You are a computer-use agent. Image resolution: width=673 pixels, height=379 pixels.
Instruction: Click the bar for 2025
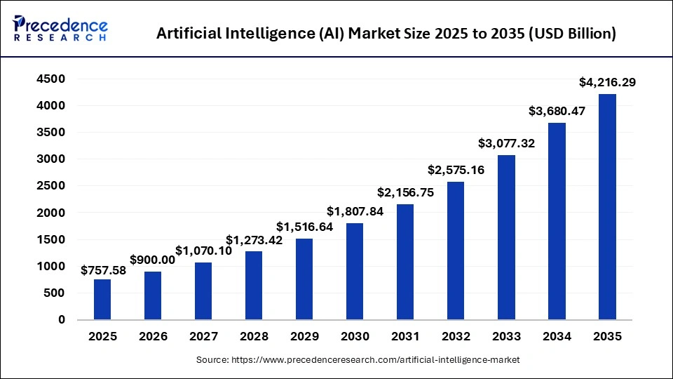click(x=102, y=299)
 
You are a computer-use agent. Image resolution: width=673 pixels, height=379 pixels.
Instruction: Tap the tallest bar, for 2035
click(x=607, y=207)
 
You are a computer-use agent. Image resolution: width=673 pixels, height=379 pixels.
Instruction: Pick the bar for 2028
click(x=254, y=285)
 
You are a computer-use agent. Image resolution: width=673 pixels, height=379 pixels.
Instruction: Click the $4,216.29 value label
click(x=607, y=83)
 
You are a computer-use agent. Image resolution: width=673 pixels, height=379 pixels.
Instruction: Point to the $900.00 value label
click(x=153, y=260)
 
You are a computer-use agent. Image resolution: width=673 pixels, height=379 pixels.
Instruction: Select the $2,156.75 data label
click(x=405, y=192)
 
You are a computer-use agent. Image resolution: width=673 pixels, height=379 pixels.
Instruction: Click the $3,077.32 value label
click(x=506, y=143)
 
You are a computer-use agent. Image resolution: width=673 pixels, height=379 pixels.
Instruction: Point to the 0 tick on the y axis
click(x=61, y=319)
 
